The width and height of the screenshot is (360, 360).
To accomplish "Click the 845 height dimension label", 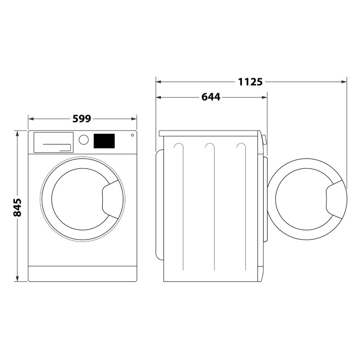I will pos(18,207).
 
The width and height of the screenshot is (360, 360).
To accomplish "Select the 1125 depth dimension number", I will pos(250,82).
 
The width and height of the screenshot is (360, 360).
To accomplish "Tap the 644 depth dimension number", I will pos(211,97).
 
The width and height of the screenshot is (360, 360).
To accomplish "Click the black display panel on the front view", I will pos(104,141).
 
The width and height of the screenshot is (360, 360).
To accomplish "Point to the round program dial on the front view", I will pos(84,140).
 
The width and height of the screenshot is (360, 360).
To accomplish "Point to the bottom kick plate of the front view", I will pos(83,273).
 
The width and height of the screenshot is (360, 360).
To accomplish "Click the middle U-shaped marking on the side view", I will pos(209,149).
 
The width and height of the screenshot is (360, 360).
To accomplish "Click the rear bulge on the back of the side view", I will pos(159,204).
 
